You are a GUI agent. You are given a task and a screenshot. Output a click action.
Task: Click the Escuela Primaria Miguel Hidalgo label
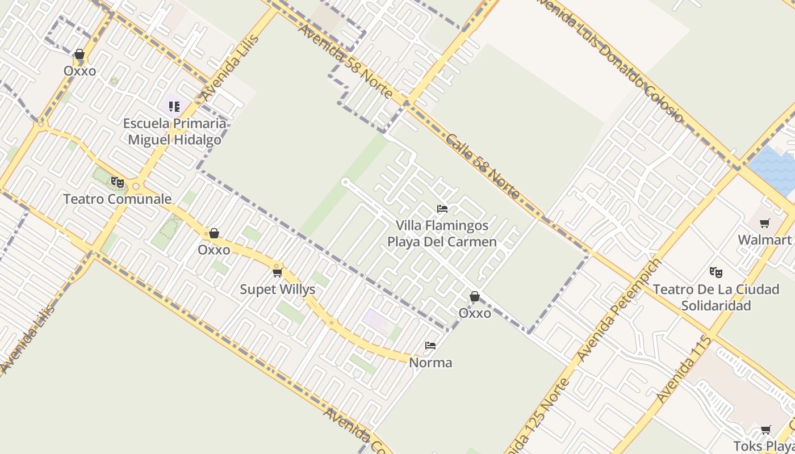click(x=174, y=132)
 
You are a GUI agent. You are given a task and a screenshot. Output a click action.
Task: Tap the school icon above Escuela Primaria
click(x=174, y=107)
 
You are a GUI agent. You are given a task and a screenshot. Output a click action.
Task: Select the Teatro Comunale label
click(x=117, y=199)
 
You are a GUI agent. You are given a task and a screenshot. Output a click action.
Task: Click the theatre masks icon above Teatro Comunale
click(x=118, y=182)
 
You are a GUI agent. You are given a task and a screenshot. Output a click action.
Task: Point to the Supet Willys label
click(x=277, y=289)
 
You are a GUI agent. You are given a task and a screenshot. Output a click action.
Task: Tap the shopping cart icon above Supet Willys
click(x=278, y=273)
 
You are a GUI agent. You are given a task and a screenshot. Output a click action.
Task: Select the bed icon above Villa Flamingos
click(x=442, y=209)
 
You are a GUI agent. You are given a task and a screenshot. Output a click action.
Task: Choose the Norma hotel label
click(x=430, y=363)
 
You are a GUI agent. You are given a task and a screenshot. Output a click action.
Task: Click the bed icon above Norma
click(x=430, y=346)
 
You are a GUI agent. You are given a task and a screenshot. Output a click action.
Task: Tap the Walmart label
click(x=764, y=240)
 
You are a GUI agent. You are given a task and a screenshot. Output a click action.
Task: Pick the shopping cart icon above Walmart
click(x=765, y=224)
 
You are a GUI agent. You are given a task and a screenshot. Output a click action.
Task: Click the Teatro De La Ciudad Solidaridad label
click(x=715, y=297)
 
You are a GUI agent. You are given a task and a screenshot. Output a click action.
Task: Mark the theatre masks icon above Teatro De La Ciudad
click(x=716, y=272)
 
